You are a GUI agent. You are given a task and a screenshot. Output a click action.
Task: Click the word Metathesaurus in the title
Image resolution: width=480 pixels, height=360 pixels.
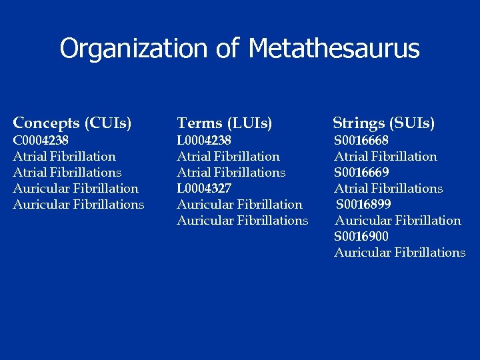(334, 49)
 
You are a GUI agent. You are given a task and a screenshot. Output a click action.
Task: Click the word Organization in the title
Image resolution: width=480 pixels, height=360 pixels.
(133, 49)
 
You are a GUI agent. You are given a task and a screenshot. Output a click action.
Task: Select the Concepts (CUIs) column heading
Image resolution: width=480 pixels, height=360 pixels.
(72, 123)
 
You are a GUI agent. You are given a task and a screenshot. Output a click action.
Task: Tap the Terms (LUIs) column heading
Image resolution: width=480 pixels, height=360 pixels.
(225, 123)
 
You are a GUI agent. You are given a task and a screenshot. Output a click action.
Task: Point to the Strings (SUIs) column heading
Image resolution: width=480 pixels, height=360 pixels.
(384, 123)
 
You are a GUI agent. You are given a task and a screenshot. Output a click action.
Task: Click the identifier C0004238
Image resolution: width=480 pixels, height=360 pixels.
(41, 141)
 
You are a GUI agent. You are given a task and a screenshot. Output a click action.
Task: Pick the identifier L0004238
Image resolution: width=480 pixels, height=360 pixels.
(204, 141)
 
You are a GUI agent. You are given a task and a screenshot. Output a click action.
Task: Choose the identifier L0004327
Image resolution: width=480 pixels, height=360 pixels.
(204, 189)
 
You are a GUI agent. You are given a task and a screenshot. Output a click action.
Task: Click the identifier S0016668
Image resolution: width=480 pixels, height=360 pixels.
(361, 141)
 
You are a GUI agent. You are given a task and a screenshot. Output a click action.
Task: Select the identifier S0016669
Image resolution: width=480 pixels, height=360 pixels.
(361, 173)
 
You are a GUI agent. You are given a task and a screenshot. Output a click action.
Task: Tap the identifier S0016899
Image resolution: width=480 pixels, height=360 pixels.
(363, 205)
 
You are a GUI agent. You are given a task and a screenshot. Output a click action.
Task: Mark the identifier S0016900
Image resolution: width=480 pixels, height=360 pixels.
(361, 237)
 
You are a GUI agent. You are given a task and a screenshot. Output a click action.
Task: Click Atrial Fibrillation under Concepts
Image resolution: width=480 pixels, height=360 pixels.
(64, 157)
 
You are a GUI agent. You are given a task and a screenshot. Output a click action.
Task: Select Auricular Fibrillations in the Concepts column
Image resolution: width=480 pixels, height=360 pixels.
(79, 205)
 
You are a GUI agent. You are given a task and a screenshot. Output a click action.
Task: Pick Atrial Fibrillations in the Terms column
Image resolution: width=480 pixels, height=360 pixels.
(231, 173)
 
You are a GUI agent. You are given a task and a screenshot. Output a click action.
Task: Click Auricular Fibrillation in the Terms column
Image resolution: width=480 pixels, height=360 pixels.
(239, 205)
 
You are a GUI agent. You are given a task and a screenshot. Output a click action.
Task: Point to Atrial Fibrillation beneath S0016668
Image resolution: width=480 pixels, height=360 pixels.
(385, 157)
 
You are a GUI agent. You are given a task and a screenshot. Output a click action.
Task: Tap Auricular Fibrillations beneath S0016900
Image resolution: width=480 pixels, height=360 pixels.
(400, 253)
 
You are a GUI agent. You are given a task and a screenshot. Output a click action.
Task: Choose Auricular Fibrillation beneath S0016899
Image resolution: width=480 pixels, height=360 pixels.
(397, 221)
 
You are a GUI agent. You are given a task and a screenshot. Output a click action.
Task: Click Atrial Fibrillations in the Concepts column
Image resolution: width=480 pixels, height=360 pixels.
(67, 173)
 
